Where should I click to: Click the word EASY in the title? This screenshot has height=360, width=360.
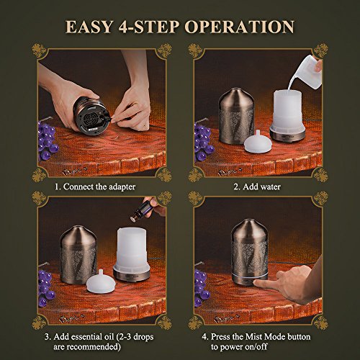coord(89,27)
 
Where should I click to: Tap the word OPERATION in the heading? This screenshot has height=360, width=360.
coord(240,27)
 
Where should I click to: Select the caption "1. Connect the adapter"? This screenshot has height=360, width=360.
coord(95,186)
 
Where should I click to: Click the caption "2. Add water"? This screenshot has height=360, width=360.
coord(257,186)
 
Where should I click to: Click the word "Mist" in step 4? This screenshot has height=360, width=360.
coord(253,336)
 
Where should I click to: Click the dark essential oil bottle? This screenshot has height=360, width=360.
coord(141,210)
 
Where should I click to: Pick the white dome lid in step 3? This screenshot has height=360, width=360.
coord(101,282)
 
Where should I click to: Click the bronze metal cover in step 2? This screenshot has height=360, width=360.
coord(237,116)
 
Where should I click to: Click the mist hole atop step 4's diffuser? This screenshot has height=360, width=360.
coord(249,220)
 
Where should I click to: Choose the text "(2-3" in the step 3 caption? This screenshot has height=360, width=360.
coord(123,336)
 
